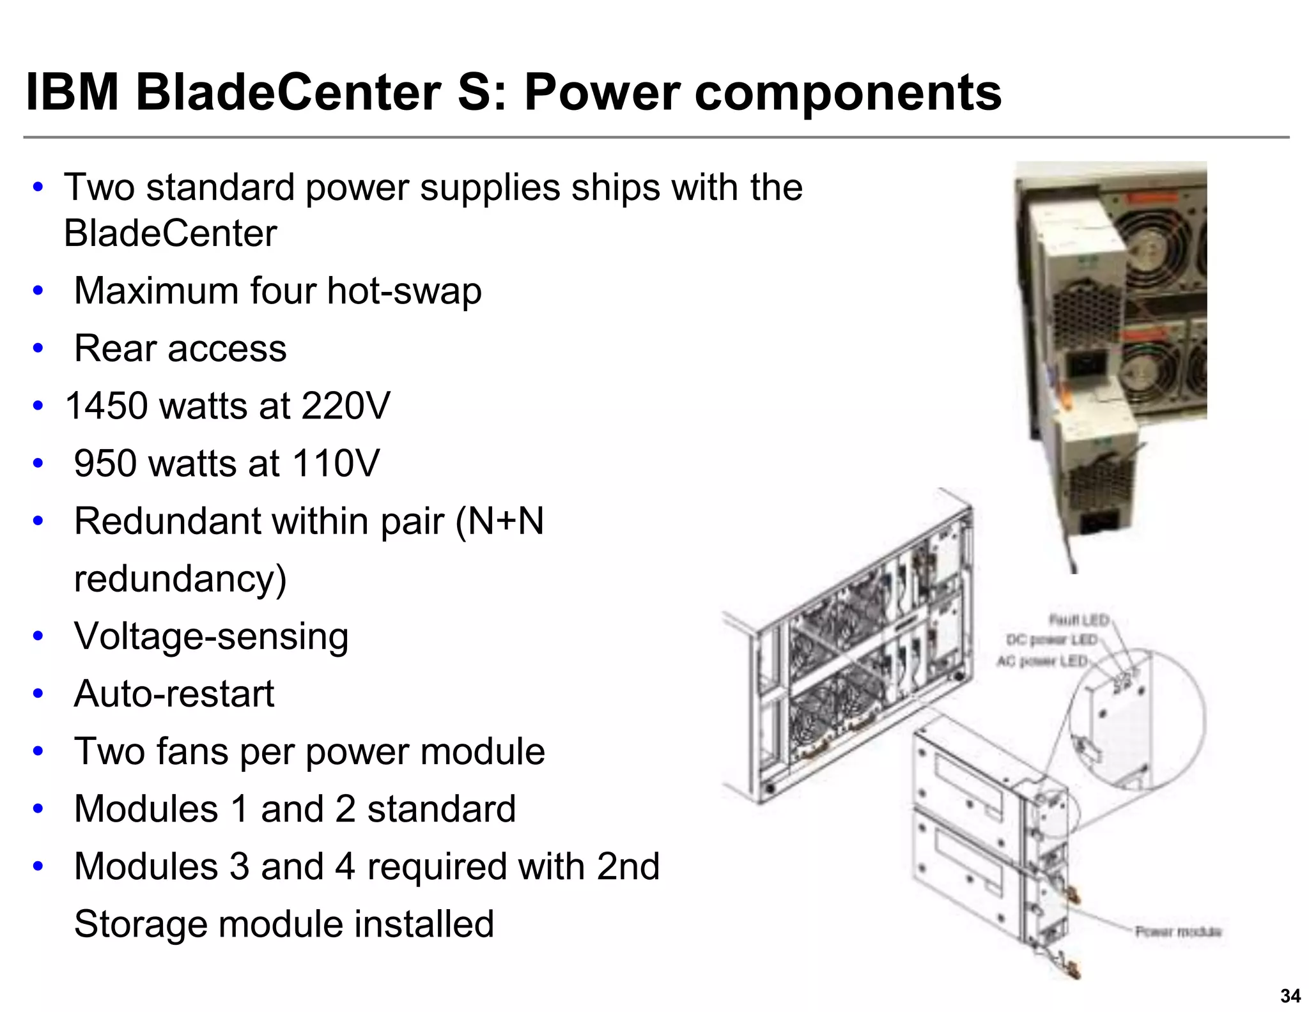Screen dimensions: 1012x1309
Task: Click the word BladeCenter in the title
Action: click(x=288, y=93)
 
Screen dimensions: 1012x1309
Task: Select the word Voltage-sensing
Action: click(x=211, y=637)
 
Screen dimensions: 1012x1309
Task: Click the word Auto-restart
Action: click(x=174, y=694)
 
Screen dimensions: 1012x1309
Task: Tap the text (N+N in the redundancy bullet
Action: click(x=499, y=521)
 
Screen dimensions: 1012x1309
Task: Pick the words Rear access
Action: click(x=180, y=349)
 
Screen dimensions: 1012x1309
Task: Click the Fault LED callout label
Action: click(x=1079, y=620)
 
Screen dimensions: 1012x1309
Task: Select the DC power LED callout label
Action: click(x=1051, y=640)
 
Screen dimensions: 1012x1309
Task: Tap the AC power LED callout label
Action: click(x=1042, y=661)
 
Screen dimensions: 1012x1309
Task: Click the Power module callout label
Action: click(x=1178, y=931)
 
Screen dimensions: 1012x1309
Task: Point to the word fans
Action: click(x=192, y=751)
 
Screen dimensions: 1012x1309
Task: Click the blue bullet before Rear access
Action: click(x=38, y=349)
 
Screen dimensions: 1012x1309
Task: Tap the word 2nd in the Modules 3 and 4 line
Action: click(x=628, y=867)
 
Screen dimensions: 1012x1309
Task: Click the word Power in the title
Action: click(x=601, y=93)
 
